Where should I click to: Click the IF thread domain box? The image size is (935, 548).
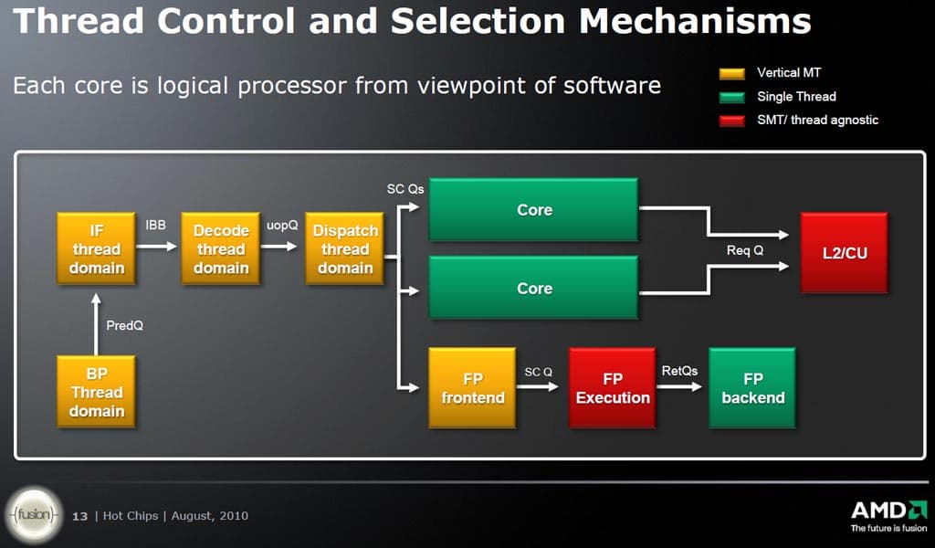(x=96, y=249)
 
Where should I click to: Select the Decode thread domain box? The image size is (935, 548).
(x=221, y=249)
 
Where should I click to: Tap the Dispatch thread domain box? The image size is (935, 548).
(x=345, y=249)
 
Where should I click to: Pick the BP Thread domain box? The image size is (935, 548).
(x=96, y=393)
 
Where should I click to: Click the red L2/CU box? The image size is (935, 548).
(x=844, y=252)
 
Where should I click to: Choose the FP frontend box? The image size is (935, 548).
(x=472, y=388)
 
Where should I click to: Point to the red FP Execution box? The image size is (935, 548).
(x=613, y=388)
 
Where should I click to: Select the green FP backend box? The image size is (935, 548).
(x=752, y=388)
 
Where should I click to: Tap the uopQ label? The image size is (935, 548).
(x=282, y=224)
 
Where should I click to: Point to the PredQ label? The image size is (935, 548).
(x=125, y=325)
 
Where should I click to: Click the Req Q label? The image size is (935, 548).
(x=745, y=250)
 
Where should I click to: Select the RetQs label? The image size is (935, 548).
(x=679, y=370)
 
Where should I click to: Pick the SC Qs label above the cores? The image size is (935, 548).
(x=405, y=189)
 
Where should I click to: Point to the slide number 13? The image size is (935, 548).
(x=80, y=516)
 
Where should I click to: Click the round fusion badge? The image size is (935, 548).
(x=35, y=514)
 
